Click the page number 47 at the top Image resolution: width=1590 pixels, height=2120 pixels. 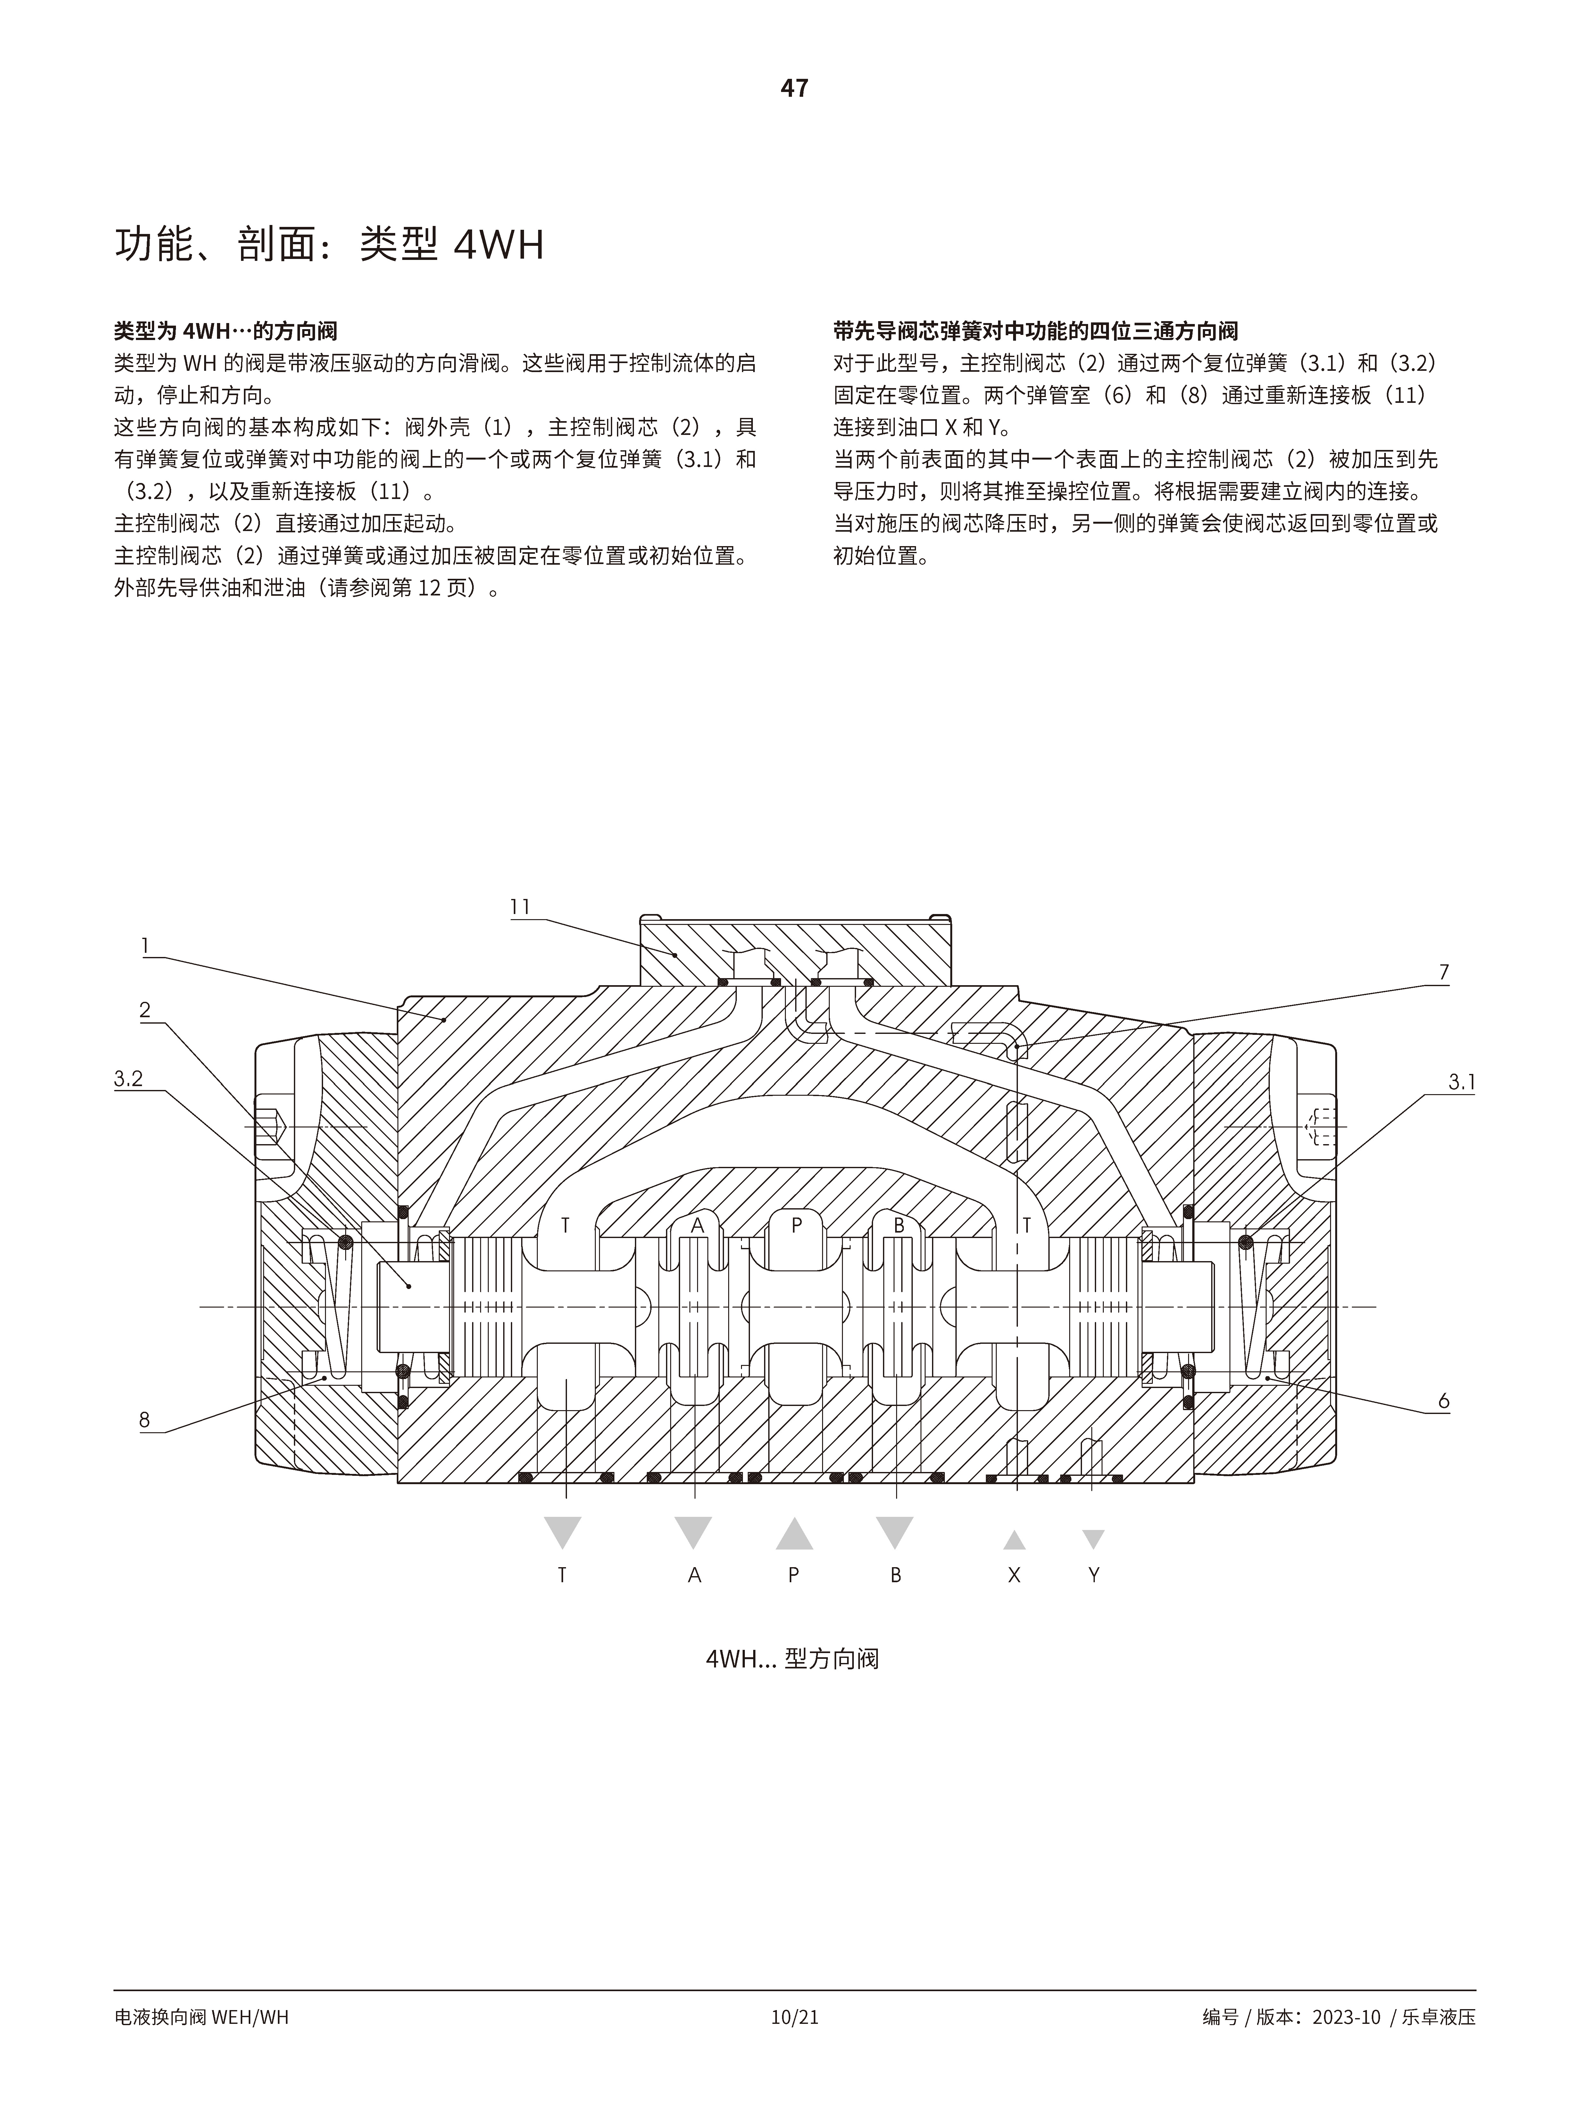pos(795,88)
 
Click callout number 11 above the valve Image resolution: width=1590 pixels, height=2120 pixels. pos(520,907)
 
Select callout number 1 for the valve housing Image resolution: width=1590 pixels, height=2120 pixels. pos(146,946)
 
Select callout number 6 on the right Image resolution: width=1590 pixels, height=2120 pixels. pos(1443,1401)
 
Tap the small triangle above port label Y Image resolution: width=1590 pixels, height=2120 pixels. pos(1094,1539)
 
